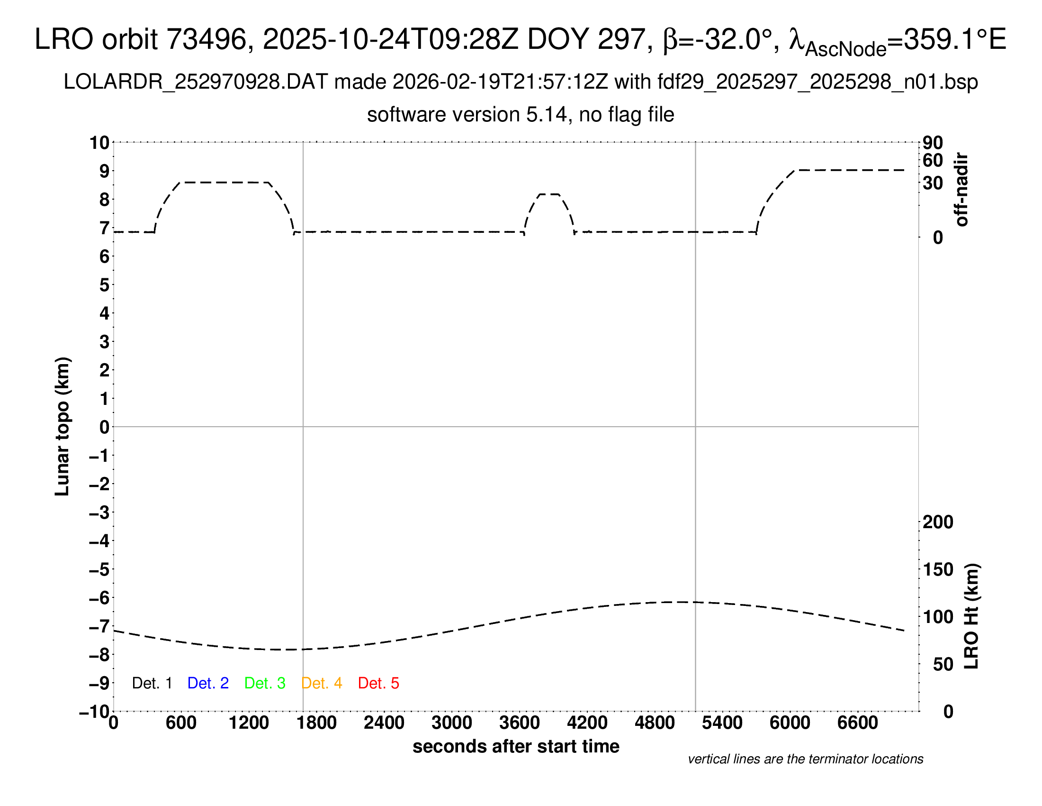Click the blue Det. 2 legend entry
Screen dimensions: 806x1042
pos(208,683)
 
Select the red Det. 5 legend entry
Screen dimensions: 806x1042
pos(378,683)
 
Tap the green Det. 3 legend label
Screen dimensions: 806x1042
pos(265,683)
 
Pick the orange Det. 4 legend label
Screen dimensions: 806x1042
pos(322,683)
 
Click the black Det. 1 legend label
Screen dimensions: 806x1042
pos(152,683)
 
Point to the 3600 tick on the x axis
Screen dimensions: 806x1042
pos(520,723)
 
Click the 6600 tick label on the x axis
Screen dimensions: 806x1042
pos(857,723)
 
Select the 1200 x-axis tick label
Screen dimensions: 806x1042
pos(249,723)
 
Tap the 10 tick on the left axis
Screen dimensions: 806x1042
pos(100,143)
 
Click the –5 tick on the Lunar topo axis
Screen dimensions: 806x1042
pos(99,569)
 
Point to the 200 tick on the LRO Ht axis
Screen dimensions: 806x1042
pos(938,522)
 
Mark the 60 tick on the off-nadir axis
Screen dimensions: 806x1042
pos(933,160)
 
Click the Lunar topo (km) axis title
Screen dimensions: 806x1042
pos(63,426)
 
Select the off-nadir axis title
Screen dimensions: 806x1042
pos(962,190)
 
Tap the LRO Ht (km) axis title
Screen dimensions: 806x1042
pos(971,616)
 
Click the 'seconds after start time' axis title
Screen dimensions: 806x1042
pos(516,746)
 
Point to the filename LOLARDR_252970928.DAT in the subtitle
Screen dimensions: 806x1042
pos(196,82)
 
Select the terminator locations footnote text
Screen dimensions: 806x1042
pos(805,759)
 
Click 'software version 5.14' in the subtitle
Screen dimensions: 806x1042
pos(467,115)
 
